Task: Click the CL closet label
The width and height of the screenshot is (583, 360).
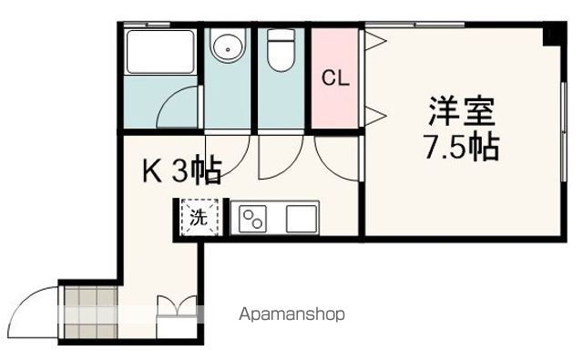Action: point(335,78)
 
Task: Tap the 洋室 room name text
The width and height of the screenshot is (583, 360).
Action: point(463,113)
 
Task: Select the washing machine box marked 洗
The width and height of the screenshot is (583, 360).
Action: point(197,218)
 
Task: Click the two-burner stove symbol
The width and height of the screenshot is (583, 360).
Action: point(252,219)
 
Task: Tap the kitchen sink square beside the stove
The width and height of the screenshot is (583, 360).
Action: point(300,219)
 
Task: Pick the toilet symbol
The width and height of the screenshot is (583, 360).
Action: point(279,49)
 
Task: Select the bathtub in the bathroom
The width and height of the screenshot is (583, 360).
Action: point(159,52)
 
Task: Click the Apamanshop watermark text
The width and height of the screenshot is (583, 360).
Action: point(292,314)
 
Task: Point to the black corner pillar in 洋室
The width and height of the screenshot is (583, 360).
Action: point(551,35)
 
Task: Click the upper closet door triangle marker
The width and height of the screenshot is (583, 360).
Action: point(373,38)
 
